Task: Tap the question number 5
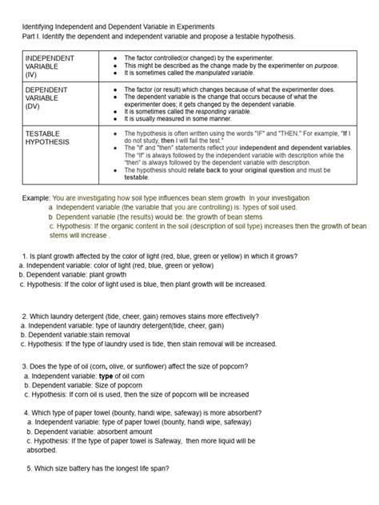pyautogui.click(x=29, y=469)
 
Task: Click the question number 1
pyautogui.click(x=23, y=255)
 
